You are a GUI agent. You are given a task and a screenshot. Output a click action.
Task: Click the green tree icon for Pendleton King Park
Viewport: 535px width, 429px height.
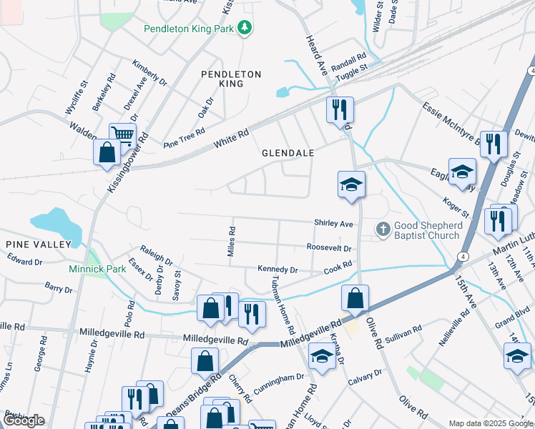[x=245, y=28]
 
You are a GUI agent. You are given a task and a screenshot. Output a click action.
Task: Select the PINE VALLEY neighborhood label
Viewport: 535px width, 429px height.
[x=39, y=245]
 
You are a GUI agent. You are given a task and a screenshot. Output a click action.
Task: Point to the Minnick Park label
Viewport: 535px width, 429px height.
[x=97, y=270]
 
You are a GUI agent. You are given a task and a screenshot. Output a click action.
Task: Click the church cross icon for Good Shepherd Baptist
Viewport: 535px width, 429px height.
[x=383, y=229]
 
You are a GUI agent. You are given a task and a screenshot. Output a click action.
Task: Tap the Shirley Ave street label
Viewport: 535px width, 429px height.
[x=334, y=224]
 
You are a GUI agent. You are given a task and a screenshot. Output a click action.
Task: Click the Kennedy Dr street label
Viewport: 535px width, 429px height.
[x=278, y=270]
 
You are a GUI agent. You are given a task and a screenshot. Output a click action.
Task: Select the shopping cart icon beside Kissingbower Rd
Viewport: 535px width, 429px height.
[x=122, y=134]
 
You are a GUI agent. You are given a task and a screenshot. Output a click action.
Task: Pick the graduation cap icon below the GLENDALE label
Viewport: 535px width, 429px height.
[x=351, y=184]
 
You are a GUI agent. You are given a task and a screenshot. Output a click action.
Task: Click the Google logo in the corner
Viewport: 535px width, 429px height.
[x=23, y=420]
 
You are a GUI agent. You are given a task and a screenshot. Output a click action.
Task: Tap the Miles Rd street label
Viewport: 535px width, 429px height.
[x=232, y=243]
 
